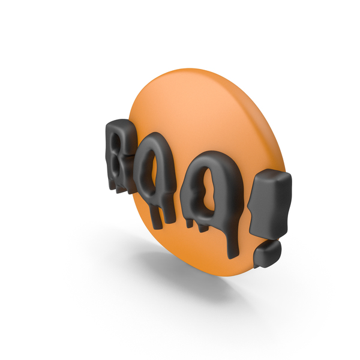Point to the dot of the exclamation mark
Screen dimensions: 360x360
click(268, 253)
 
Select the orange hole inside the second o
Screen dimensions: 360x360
click(208, 188)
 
